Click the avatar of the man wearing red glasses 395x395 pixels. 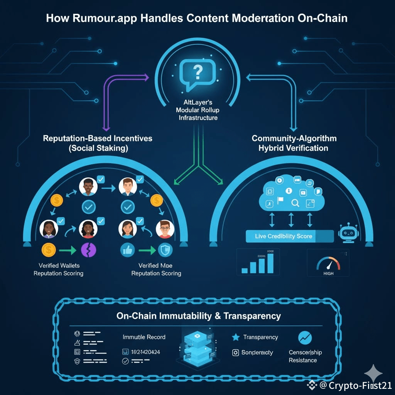tap(165, 229)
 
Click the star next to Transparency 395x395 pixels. tap(236, 337)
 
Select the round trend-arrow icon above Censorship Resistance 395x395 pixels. tap(305, 338)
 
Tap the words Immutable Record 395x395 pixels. tap(144, 337)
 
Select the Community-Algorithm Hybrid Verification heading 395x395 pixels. tap(294, 143)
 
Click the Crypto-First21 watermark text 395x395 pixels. tap(360, 385)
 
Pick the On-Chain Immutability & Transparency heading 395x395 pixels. tap(198, 316)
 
